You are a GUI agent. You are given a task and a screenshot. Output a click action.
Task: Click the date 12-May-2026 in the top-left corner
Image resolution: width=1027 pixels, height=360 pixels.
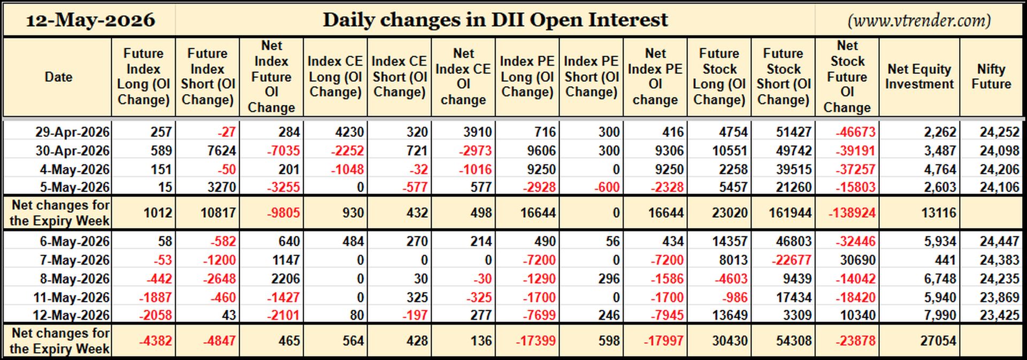point(90,20)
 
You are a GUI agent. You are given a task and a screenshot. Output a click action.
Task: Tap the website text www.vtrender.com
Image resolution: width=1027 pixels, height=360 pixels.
point(919,20)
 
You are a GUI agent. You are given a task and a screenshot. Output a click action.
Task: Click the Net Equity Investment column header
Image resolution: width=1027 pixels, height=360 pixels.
point(919,76)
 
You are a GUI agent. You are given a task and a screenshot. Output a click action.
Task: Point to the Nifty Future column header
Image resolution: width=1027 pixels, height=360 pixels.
point(991,76)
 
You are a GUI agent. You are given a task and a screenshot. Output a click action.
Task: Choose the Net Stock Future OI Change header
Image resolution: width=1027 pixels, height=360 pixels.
point(847,76)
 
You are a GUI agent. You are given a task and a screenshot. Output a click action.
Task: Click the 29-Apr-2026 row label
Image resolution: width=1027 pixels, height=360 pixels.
point(72,132)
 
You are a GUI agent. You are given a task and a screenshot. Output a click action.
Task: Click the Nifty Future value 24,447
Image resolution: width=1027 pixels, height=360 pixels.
point(999,241)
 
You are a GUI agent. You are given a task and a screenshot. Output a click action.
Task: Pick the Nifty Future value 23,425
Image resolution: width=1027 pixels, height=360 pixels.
point(999,315)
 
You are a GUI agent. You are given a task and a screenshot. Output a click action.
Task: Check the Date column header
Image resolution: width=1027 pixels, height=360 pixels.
point(58,76)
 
